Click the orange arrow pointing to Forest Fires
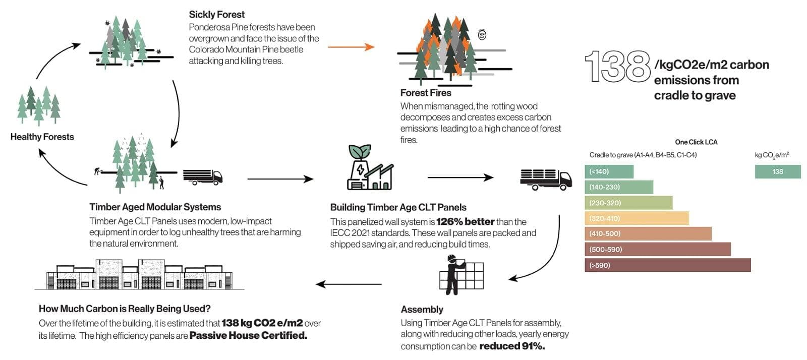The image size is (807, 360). [x=351, y=47]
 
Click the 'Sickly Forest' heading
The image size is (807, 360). [x=216, y=15]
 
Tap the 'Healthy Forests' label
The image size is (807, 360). [x=42, y=137]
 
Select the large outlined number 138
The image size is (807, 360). [x=618, y=67]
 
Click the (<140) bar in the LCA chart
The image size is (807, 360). [x=609, y=171]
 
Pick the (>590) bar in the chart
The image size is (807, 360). [x=667, y=265]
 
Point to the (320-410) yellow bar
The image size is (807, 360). [x=637, y=218]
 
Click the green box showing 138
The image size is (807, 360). [x=777, y=171]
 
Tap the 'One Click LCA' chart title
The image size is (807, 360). [x=696, y=142]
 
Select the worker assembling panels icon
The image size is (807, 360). [x=460, y=275]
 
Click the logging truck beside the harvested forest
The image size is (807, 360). [x=202, y=176]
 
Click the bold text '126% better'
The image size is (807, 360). [x=465, y=222]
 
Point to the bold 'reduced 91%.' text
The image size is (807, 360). [x=511, y=346]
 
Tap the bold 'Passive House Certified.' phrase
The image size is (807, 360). [x=248, y=336]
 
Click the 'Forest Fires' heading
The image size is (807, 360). [x=425, y=93]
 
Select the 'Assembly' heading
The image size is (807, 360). [x=422, y=310]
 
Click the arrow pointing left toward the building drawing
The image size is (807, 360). [x=349, y=284]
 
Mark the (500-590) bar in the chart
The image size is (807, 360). [x=657, y=249]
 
